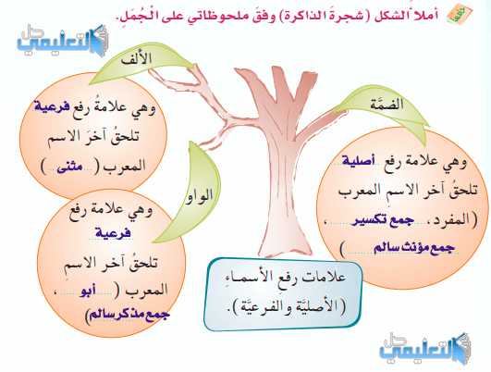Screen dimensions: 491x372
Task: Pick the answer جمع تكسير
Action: [x=382, y=219]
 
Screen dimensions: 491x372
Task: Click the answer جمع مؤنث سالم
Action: [x=413, y=248]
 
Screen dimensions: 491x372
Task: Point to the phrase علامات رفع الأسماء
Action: [x=286, y=277]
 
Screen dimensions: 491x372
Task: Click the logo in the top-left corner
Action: [x=63, y=41]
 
